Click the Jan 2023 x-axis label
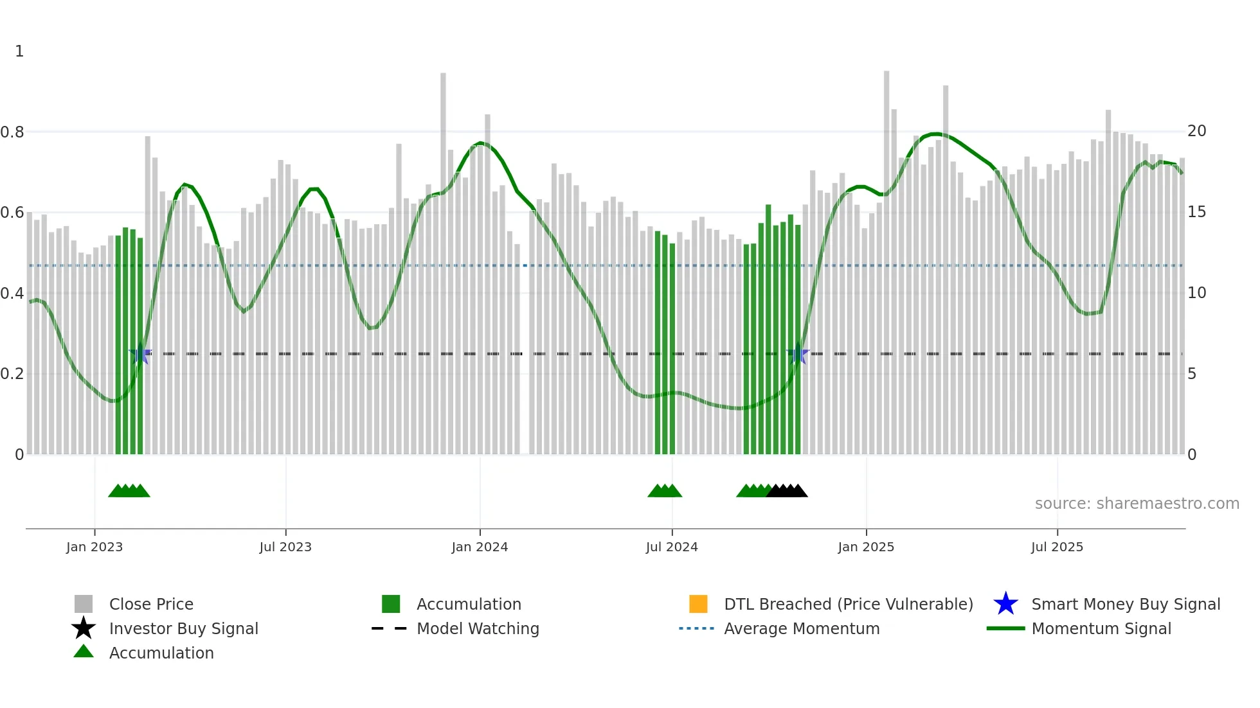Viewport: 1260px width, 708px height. (94, 547)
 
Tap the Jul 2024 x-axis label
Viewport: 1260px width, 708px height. (672, 547)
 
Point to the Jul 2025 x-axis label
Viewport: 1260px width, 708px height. (1057, 547)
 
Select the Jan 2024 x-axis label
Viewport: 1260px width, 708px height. (480, 547)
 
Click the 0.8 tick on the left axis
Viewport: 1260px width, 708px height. (12, 132)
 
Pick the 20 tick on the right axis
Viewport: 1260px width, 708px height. (1196, 131)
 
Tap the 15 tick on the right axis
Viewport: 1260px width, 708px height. (1196, 212)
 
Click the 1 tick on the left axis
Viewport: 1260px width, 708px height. (19, 51)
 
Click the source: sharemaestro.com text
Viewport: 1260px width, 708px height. (1137, 504)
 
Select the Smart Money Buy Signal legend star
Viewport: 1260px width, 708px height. (1005, 604)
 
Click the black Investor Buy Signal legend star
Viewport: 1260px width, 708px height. (84, 628)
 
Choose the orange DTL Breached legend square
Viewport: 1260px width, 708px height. (698, 604)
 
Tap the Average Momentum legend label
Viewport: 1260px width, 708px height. (802, 628)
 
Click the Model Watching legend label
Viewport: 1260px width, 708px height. (478, 628)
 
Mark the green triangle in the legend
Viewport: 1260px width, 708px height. (84, 651)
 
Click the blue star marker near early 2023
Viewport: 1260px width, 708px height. (140, 354)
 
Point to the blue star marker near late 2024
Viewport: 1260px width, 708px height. (798, 354)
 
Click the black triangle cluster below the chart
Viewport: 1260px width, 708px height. (788, 491)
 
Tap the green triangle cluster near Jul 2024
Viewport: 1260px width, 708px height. (665, 491)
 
